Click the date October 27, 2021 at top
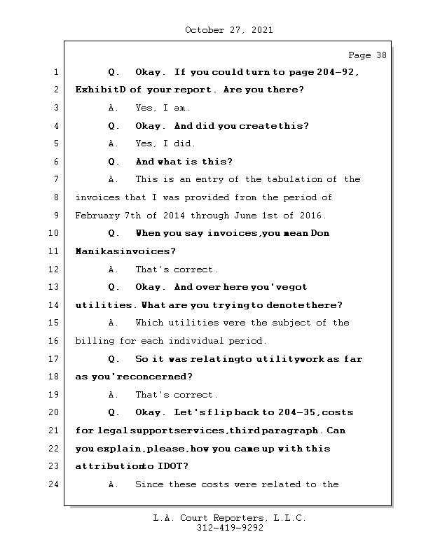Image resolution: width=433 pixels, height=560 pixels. click(x=228, y=30)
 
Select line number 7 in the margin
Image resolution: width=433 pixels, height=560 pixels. click(x=56, y=179)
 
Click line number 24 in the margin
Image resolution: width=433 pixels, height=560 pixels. click(x=56, y=484)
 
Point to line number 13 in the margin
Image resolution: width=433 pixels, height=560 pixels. click(x=56, y=287)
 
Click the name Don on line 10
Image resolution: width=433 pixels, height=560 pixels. click(x=319, y=233)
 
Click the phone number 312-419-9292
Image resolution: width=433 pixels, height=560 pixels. click(x=229, y=528)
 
